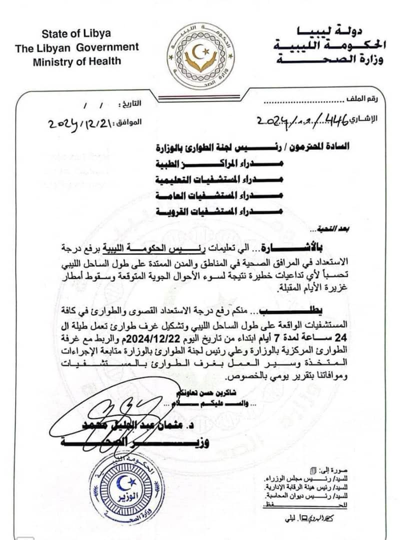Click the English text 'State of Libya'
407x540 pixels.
(x=76, y=34)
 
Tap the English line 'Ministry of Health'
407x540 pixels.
(x=77, y=61)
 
